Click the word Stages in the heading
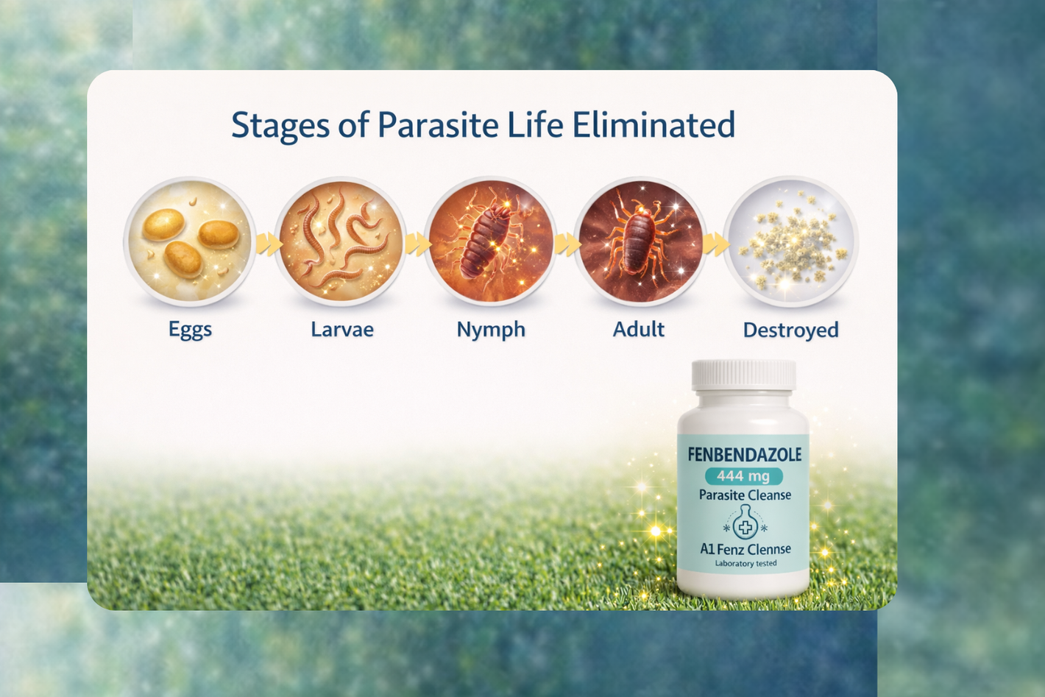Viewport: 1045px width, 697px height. point(280,126)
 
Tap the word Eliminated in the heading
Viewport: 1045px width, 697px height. point(653,124)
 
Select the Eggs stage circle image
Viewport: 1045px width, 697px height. point(190,241)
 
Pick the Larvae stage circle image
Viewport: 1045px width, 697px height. point(340,241)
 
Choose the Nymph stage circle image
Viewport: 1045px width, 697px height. point(490,241)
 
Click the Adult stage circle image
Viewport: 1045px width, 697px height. point(640,241)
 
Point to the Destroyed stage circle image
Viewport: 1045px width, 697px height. point(791,241)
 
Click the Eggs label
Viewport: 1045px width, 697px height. point(190,330)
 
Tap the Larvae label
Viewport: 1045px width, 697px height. point(342,330)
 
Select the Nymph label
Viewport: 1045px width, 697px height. point(491,330)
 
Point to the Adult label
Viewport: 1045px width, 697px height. point(638,330)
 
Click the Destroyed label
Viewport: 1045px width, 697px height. point(791,330)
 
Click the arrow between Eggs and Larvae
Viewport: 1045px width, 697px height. point(269,244)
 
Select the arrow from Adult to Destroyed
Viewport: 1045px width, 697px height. point(717,244)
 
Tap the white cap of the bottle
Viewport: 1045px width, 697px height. point(743,375)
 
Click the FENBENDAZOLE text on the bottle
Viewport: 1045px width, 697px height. point(745,455)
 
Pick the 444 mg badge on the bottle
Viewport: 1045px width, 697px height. point(743,476)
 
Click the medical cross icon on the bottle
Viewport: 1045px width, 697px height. point(744,528)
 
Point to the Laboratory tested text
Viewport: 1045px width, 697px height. point(745,564)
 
